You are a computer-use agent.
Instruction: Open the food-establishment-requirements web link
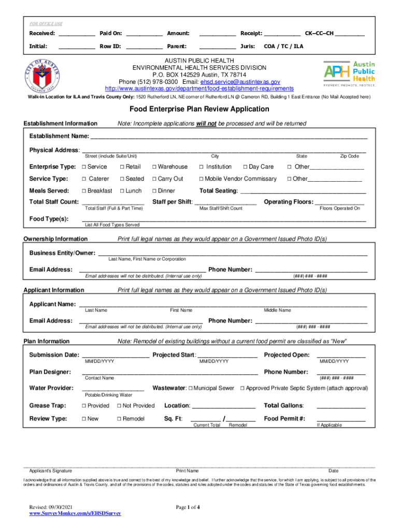tap(199, 89)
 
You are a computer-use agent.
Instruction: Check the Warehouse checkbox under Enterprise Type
tap(154, 167)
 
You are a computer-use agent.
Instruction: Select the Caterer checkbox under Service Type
tap(83, 179)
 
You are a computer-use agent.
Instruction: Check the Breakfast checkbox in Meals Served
tap(83, 191)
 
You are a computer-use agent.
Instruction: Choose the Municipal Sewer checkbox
tap(191, 388)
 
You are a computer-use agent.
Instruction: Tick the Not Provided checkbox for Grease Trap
tap(119, 406)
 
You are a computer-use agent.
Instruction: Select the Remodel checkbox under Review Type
tap(119, 419)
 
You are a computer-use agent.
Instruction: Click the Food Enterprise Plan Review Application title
tap(199, 109)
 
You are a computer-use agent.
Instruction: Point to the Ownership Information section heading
tap(55, 239)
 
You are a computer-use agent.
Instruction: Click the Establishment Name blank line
tap(229, 138)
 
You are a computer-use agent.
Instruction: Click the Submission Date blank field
tap(115, 356)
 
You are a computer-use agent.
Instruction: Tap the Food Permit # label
tap(284, 419)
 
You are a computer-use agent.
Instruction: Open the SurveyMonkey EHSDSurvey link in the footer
tap(75, 513)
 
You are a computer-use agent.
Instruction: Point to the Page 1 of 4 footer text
tap(192, 507)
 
